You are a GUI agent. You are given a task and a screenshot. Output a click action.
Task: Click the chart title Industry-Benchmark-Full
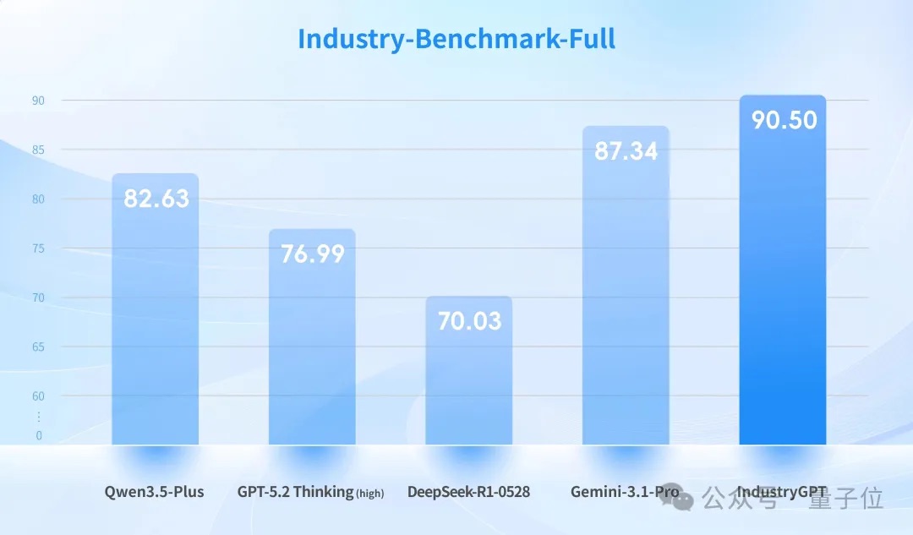click(x=456, y=39)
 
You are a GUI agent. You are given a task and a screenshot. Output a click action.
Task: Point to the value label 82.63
click(x=156, y=199)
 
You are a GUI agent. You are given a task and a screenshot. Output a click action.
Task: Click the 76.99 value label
click(x=312, y=254)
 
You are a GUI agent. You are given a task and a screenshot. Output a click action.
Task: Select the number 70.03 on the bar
click(x=469, y=321)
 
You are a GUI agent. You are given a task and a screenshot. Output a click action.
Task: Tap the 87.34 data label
click(x=626, y=152)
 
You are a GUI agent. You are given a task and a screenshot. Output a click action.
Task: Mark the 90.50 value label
click(x=785, y=121)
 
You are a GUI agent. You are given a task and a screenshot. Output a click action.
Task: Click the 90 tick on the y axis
click(x=38, y=101)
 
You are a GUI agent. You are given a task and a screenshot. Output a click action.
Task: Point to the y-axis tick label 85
click(x=38, y=150)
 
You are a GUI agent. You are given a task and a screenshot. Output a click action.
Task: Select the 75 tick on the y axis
click(x=38, y=248)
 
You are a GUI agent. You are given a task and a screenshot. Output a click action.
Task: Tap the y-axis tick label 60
click(x=38, y=396)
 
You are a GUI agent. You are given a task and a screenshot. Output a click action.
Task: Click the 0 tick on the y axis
click(x=38, y=436)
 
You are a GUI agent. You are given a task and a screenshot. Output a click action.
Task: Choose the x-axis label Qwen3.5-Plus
click(x=155, y=491)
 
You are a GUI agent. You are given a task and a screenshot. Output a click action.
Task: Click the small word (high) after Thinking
click(x=369, y=494)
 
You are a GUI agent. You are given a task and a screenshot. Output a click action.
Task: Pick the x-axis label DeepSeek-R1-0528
click(x=468, y=491)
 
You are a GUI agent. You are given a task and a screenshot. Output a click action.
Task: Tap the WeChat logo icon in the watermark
click(x=686, y=498)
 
